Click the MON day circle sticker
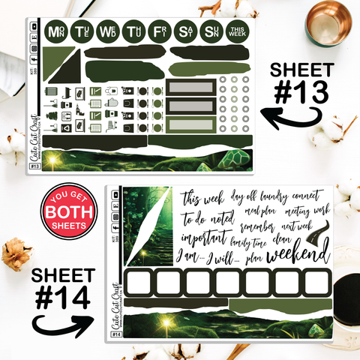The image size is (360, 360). pos(55,31)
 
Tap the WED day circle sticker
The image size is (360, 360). pos(108,31)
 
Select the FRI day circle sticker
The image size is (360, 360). pos(159,31)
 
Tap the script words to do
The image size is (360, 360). pos(196,219)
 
